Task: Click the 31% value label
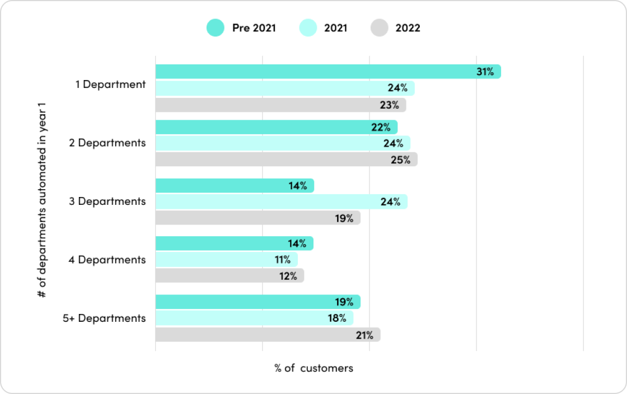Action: (x=485, y=72)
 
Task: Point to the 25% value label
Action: (x=401, y=160)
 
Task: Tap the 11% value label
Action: (x=282, y=260)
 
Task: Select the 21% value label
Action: (x=364, y=335)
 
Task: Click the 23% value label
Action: (x=390, y=105)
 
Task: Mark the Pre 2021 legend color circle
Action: (x=215, y=28)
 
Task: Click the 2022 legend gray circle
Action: (x=379, y=28)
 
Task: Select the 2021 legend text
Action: (x=335, y=28)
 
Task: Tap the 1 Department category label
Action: (x=111, y=85)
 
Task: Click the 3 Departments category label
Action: (x=107, y=201)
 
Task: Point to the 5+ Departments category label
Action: (x=104, y=318)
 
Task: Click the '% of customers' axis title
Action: (x=313, y=368)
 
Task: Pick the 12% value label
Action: (x=289, y=276)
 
